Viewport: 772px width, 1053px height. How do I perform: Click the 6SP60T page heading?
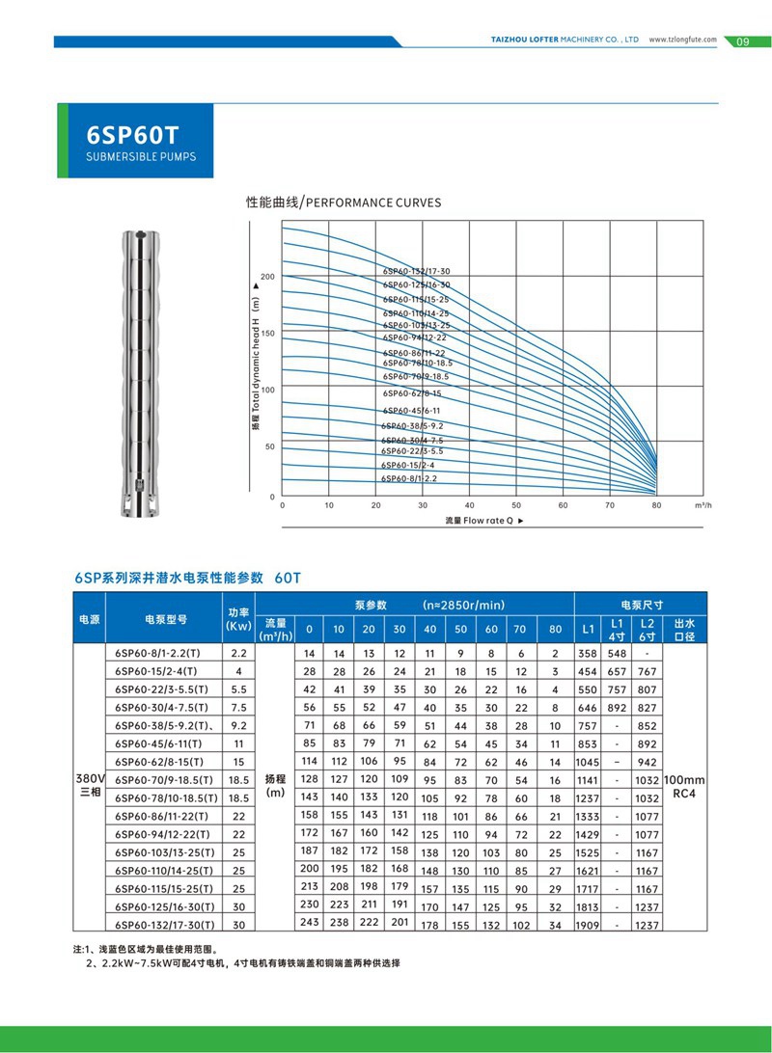(x=134, y=134)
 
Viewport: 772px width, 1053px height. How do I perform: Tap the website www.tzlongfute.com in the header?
(x=682, y=40)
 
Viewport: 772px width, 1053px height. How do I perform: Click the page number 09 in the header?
(x=742, y=41)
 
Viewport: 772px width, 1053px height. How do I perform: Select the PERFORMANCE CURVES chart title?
(x=344, y=202)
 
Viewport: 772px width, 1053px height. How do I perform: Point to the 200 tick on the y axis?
(x=268, y=277)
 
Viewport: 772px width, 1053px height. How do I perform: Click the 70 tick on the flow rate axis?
(x=610, y=505)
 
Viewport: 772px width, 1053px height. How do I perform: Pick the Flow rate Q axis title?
(x=484, y=521)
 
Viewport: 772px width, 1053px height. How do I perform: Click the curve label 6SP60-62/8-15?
(x=411, y=393)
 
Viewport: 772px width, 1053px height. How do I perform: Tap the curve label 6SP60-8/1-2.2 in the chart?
(x=409, y=478)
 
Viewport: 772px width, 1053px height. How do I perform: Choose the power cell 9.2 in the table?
(x=238, y=724)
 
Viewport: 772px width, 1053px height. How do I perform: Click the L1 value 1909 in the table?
(x=588, y=926)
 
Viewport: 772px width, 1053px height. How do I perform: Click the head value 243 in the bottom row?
(x=309, y=924)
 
